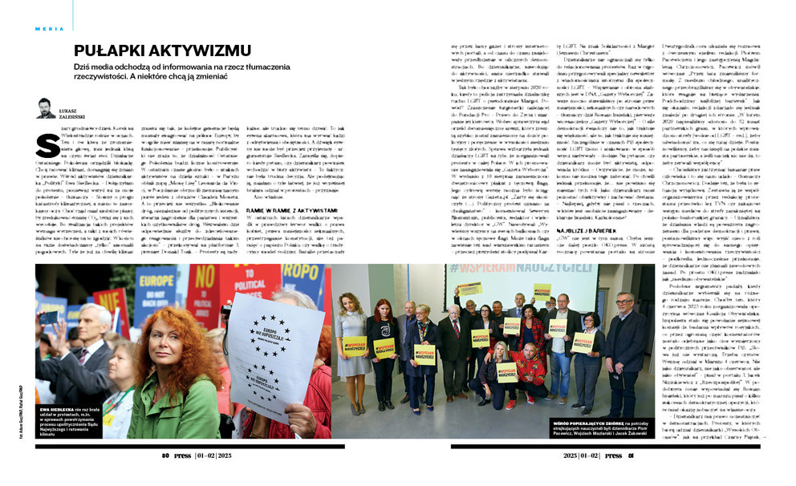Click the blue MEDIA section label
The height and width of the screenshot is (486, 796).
click(50, 28)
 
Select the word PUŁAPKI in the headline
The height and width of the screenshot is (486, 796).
click(103, 51)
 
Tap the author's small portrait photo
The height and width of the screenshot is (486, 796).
click(46, 108)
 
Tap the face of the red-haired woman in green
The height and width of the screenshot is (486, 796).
click(174, 346)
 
